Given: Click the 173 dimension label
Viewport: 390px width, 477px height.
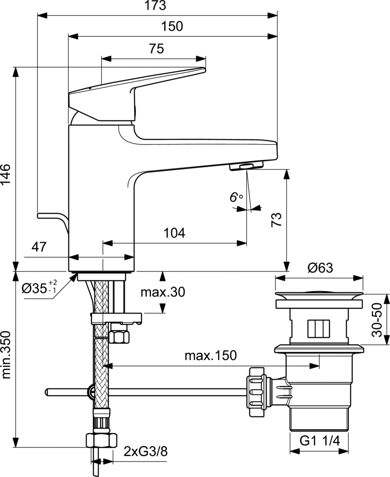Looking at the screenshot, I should coord(156,6).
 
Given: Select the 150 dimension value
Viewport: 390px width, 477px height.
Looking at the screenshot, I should coord(172,27).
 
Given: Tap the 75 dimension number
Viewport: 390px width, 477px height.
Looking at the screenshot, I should coord(156,49).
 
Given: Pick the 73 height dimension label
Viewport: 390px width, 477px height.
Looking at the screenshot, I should coord(276,219).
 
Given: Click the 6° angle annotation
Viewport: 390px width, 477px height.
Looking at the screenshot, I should coord(236,197).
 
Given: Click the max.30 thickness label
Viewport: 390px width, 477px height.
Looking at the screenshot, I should coord(163,292).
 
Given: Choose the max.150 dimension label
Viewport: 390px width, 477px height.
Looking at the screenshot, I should coord(210,356).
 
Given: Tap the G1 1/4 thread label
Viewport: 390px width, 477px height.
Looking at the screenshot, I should coord(319,441).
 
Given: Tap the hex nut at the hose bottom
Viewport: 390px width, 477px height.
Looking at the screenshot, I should coord(101,439).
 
